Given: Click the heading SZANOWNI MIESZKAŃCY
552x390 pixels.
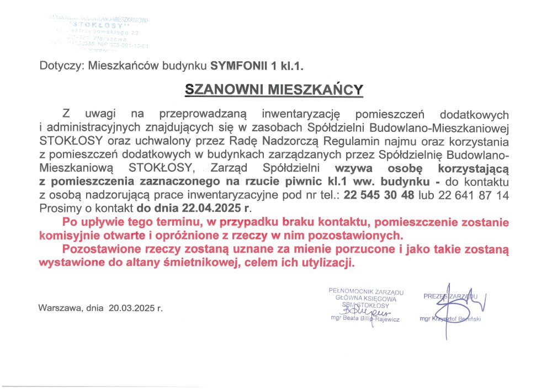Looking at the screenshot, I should pyautogui.click(x=274, y=89).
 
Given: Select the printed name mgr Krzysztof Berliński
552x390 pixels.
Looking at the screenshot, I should pyautogui.click(x=450, y=319).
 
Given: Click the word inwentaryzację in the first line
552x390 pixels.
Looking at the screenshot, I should pyautogui.click(x=302, y=115).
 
